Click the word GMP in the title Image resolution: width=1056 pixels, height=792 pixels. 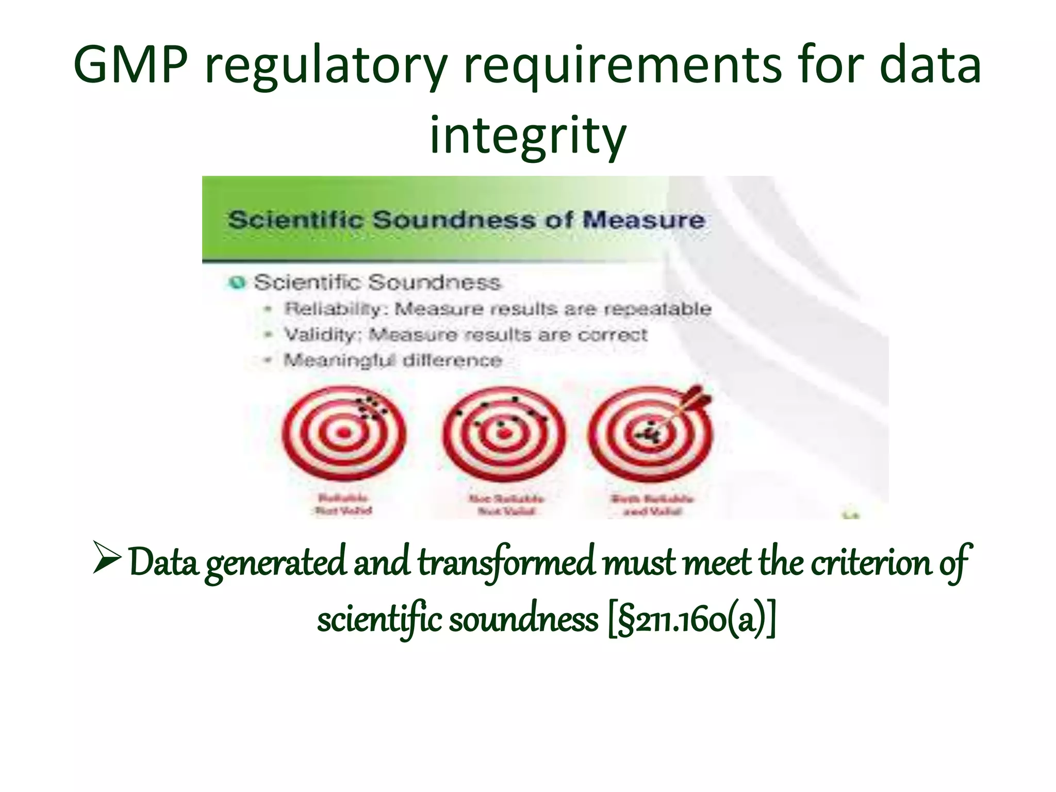[x=130, y=65]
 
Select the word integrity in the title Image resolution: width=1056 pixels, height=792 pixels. [x=527, y=135]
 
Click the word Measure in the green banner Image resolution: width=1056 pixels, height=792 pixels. [x=643, y=220]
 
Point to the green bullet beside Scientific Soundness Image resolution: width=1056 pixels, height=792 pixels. [x=237, y=283]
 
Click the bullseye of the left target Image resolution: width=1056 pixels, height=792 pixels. [x=344, y=433]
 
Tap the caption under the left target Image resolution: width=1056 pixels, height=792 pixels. [x=343, y=505]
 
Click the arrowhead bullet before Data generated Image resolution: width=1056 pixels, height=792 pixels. [x=107, y=558]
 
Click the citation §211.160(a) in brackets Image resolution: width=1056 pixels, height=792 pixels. [x=691, y=620]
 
